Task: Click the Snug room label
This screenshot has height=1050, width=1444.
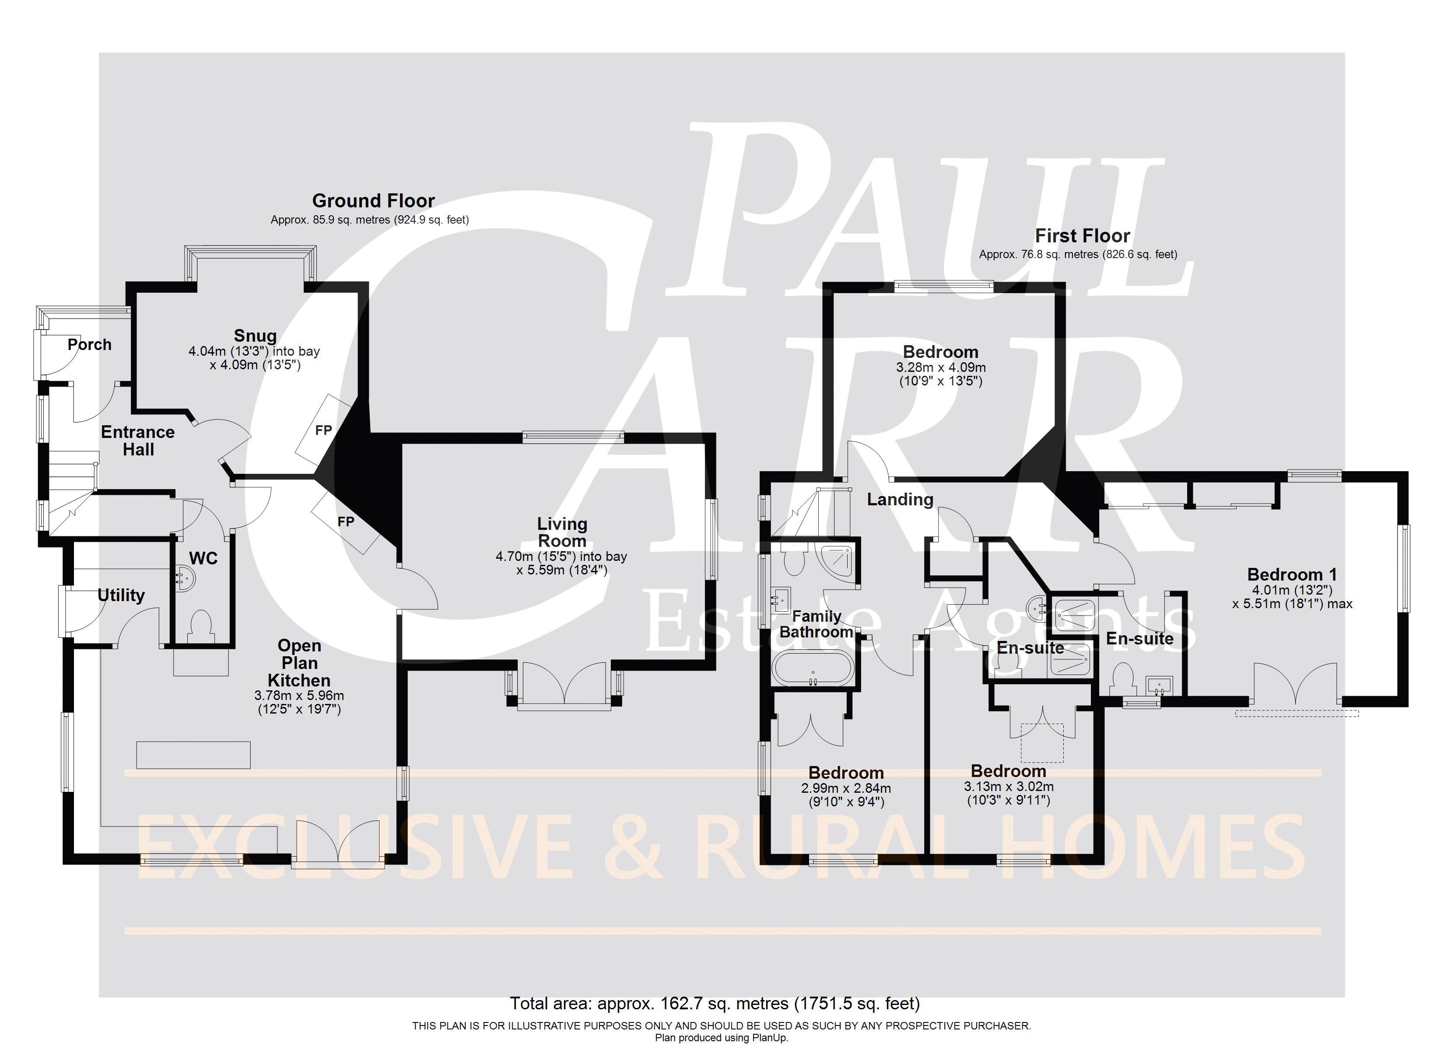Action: click(255, 336)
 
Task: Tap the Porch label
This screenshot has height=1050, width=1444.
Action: click(90, 344)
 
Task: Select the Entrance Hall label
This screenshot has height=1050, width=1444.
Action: click(138, 441)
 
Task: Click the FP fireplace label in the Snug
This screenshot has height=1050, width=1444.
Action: click(323, 430)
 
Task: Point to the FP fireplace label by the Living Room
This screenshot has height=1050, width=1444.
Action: click(346, 521)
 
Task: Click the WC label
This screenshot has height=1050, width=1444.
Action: click(204, 558)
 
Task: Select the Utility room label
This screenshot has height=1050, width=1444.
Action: click(121, 595)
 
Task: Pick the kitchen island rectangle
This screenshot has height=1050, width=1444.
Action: click(193, 755)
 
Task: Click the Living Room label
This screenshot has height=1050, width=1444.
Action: click(562, 532)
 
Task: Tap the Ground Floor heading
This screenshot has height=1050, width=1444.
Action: click(373, 200)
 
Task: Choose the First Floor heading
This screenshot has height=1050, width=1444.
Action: click(1083, 236)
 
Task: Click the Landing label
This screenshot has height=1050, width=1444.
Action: click(900, 499)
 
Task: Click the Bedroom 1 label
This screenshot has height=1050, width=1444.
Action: click(1293, 574)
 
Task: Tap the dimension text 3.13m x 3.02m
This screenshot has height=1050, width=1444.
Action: click(1009, 786)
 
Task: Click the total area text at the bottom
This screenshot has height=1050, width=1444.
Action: click(715, 1004)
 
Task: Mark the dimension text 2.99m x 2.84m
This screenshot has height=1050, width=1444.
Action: click(846, 788)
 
